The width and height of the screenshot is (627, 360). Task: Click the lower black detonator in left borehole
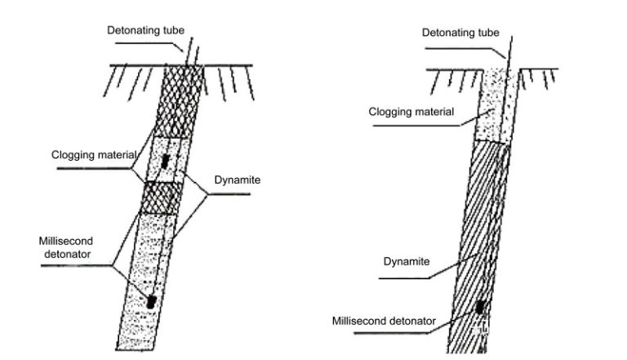152,301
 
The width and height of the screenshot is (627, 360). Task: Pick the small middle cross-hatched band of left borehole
162,197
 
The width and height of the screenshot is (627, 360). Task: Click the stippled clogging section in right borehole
496,106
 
